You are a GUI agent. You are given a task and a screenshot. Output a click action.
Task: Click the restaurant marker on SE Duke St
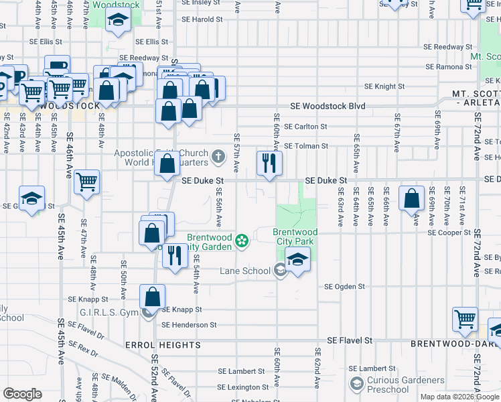click(x=269, y=163)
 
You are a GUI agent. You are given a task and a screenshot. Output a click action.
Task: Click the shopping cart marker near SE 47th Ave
click(x=87, y=182)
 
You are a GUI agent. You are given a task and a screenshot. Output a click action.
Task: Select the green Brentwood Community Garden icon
click(x=242, y=240)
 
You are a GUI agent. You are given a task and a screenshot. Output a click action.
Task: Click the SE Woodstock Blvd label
click(x=328, y=106)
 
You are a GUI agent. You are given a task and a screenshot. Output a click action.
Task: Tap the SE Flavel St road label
click(x=349, y=340)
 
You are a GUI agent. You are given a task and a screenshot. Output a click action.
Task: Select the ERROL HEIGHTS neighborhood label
click(x=163, y=345)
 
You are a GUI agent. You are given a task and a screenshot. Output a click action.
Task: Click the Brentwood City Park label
click(x=295, y=237)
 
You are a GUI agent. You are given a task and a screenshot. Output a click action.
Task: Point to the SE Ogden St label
click(x=344, y=286)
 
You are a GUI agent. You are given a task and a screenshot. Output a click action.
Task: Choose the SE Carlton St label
click(x=305, y=126)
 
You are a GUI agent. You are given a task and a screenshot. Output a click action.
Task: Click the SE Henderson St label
click(x=189, y=325)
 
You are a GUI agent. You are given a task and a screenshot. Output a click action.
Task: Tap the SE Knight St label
click(x=384, y=86)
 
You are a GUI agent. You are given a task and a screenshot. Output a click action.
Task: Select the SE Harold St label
click(x=202, y=19)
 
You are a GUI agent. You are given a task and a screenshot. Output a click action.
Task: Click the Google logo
click(x=23, y=394)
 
